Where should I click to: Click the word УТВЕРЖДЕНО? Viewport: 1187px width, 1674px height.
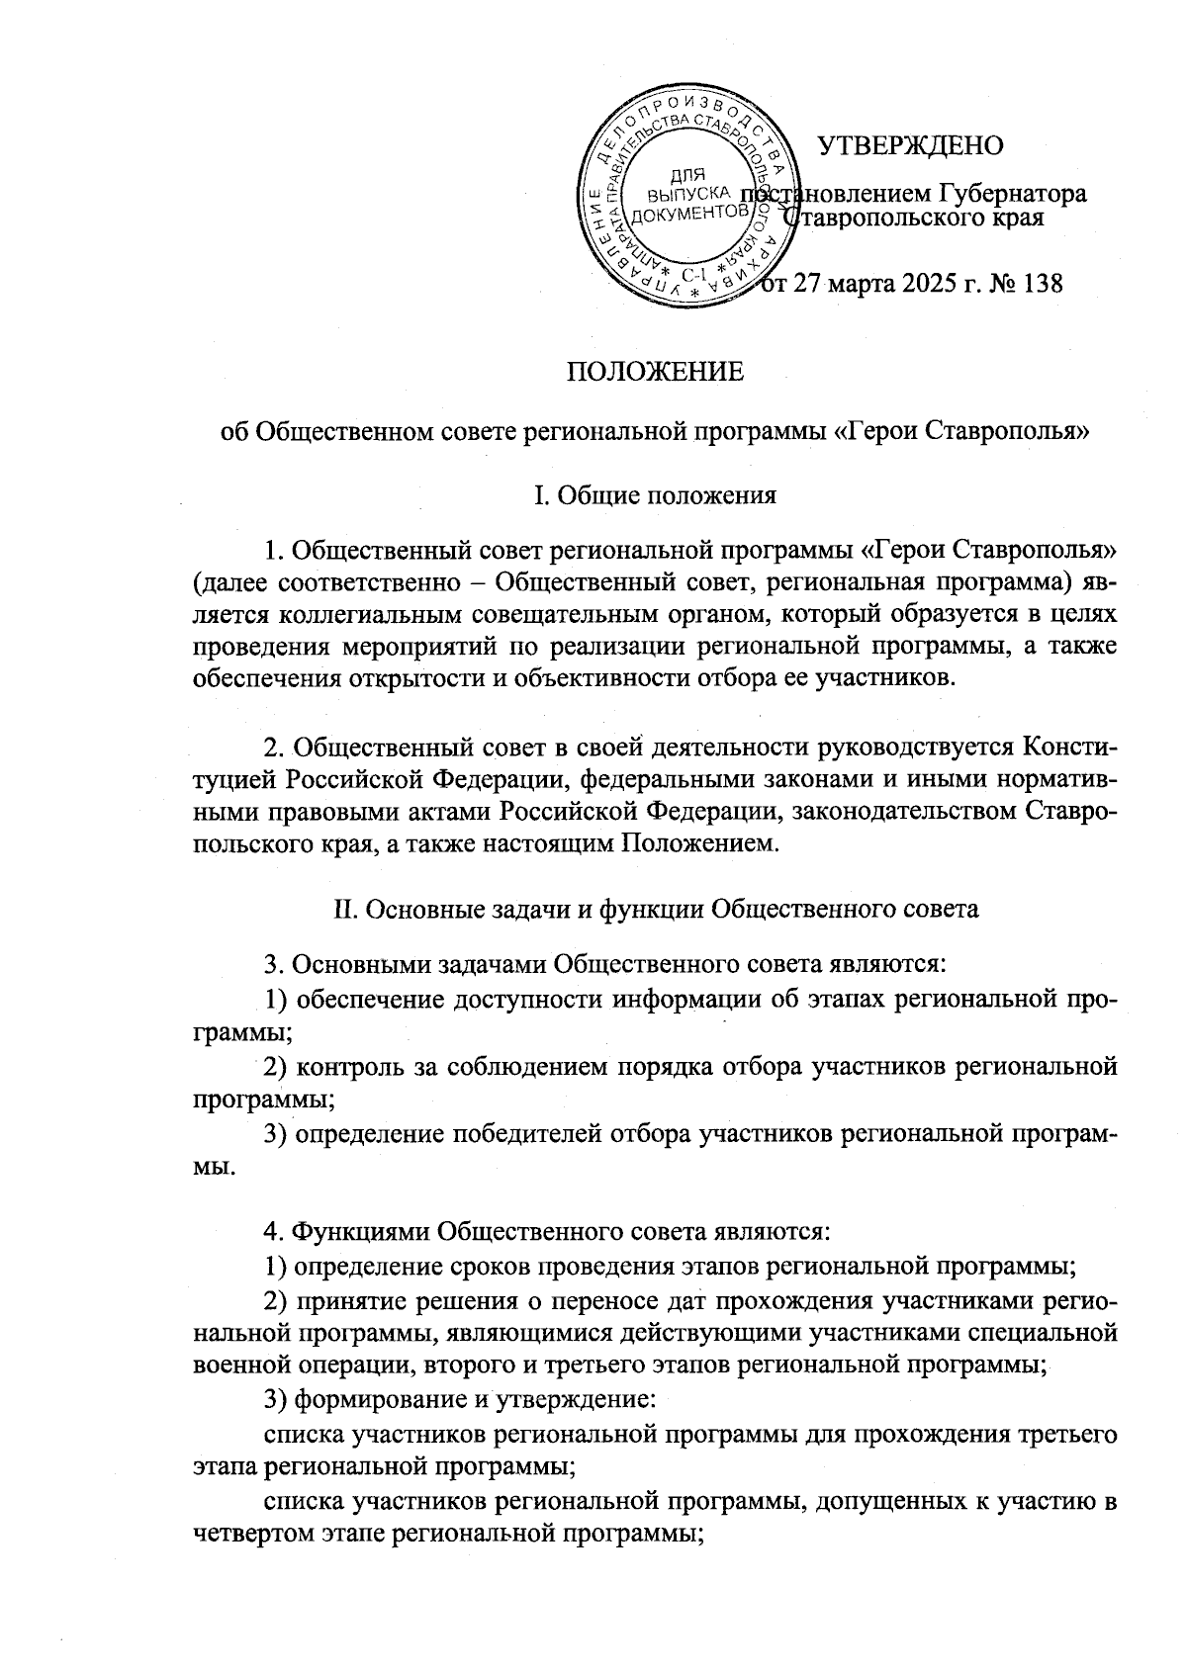point(910,145)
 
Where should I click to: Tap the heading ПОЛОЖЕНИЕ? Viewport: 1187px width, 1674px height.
point(654,373)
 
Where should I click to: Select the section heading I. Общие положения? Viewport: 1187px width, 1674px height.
point(654,495)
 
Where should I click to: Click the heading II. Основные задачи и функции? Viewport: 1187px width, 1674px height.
point(654,909)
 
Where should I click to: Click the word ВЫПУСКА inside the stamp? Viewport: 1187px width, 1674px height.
point(686,195)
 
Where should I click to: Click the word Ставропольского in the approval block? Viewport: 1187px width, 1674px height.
point(878,218)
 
